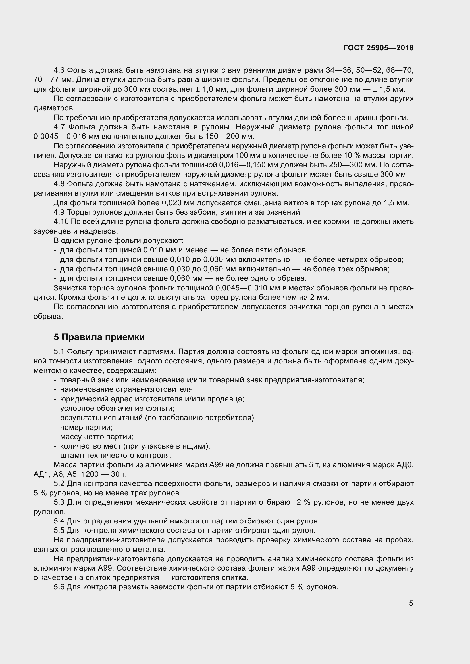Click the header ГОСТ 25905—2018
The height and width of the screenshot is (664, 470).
pyautogui.click(x=378, y=48)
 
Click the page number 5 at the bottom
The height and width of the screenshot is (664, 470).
pyautogui.click(x=411, y=603)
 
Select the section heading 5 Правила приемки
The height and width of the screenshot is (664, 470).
pyautogui.click(x=99, y=337)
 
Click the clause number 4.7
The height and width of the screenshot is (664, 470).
pyautogui.click(x=60, y=127)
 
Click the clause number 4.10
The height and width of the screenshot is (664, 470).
pyautogui.click(x=61, y=222)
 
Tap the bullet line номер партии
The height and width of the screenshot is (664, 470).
pyautogui.click(x=86, y=427)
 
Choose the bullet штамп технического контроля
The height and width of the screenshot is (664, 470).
pyautogui.click(x=116, y=455)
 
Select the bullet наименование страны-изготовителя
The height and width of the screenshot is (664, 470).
pyautogui.click(x=127, y=389)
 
